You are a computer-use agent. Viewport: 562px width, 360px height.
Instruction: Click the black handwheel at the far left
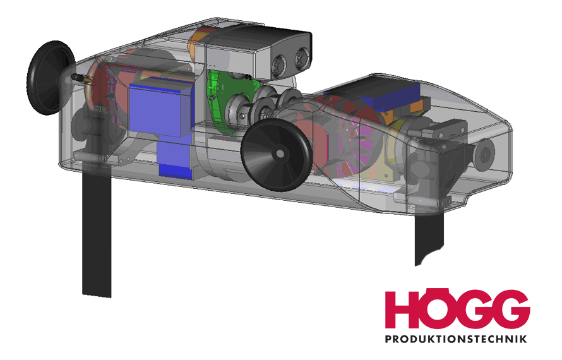coord(50,78)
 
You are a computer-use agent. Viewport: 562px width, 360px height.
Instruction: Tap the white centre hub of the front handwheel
coord(280,154)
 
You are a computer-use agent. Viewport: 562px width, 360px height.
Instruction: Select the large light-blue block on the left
coord(160,110)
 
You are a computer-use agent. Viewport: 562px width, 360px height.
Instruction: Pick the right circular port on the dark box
coord(302,59)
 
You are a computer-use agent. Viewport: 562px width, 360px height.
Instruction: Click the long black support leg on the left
coord(97,233)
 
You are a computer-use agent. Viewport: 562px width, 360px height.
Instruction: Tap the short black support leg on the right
coord(429,237)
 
